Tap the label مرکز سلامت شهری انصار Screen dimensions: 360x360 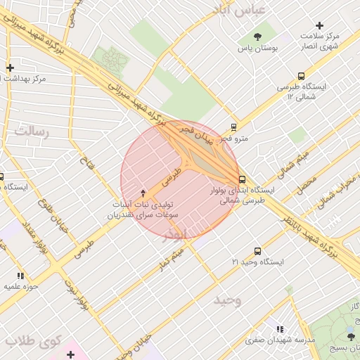click(319, 41)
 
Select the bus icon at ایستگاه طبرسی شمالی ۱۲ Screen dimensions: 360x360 click(302, 76)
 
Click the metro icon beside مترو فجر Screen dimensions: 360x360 click(233, 127)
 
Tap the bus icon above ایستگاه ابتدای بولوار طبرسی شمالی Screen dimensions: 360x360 click(242, 179)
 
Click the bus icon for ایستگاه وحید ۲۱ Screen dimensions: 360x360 click(257, 251)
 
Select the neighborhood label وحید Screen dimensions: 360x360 click(228, 300)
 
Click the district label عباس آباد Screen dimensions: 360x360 click(240, 9)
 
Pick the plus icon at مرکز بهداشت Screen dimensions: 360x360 click(10, 68)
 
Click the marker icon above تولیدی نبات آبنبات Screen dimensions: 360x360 click(143, 193)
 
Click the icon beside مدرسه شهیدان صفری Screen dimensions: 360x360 click(281, 329)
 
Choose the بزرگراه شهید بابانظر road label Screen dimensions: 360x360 click(321, 243)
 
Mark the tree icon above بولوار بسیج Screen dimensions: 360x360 click(352, 337)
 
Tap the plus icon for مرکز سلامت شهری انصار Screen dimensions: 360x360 click(320, 25)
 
